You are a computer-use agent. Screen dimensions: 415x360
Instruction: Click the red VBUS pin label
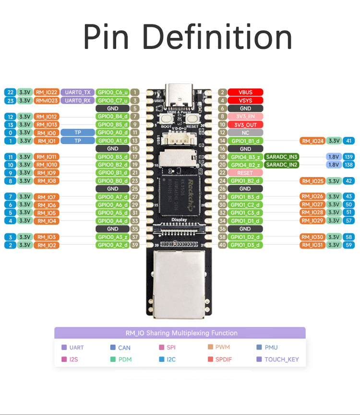point(245,92)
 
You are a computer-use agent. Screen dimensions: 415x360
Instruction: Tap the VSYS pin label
point(245,100)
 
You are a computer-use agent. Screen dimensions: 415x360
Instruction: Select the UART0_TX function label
point(77,92)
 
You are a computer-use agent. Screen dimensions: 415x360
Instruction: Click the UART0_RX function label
point(77,100)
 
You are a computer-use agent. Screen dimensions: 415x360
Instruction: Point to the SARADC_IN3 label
point(282,157)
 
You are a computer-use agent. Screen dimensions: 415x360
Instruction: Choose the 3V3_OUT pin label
point(245,124)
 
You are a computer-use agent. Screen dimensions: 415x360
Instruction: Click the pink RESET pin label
point(245,173)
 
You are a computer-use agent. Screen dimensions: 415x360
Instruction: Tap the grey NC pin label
point(245,132)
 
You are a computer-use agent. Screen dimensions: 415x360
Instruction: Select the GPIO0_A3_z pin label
point(113,237)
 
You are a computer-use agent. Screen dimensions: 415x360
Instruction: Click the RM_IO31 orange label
point(312,245)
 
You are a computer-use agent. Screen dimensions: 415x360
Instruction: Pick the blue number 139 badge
point(349,157)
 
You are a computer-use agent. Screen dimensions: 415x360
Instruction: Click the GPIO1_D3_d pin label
point(245,245)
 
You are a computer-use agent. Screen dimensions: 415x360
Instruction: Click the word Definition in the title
point(219,36)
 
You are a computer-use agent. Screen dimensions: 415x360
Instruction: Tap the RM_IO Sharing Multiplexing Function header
point(180,332)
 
